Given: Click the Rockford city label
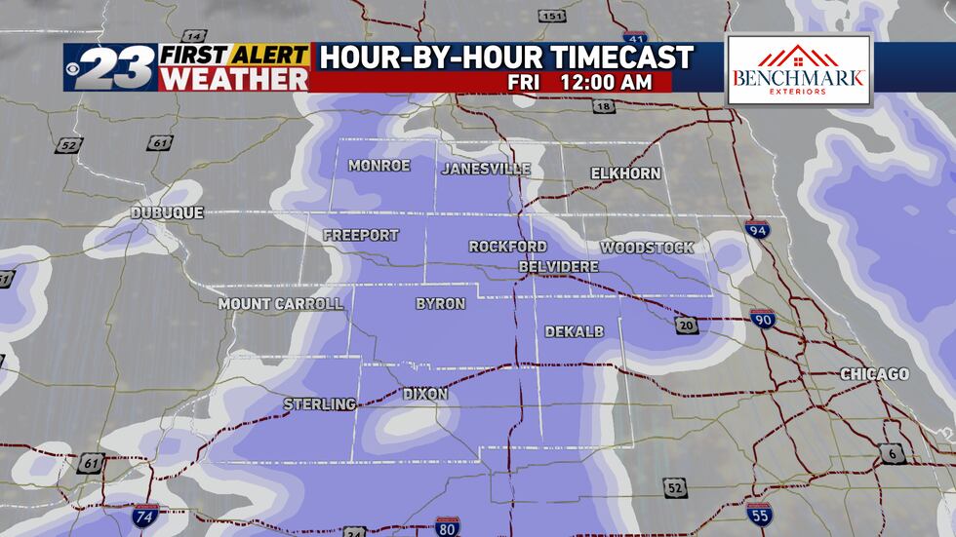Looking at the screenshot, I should [507, 247].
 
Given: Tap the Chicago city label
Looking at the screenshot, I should [874, 374].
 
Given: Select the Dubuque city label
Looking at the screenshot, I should [167, 212].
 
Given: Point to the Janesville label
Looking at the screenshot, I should [486, 169].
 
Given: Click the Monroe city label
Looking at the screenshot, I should [379, 166].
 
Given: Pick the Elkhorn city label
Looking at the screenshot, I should [625, 173].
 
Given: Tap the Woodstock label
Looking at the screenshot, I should [647, 248].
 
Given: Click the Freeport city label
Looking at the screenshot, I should [361, 235].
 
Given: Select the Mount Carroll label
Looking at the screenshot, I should [281, 304].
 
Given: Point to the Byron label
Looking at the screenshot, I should [440, 304].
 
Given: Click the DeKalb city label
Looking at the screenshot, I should [574, 332].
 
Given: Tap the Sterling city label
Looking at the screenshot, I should [319, 403].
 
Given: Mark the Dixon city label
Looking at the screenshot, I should [425, 394].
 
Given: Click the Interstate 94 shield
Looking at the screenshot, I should [757, 230].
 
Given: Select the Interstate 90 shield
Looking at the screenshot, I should [763, 319].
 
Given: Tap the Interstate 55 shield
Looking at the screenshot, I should [759, 514].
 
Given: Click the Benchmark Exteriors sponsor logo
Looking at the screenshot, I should [798, 70].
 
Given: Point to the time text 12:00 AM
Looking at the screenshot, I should [605, 82].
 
